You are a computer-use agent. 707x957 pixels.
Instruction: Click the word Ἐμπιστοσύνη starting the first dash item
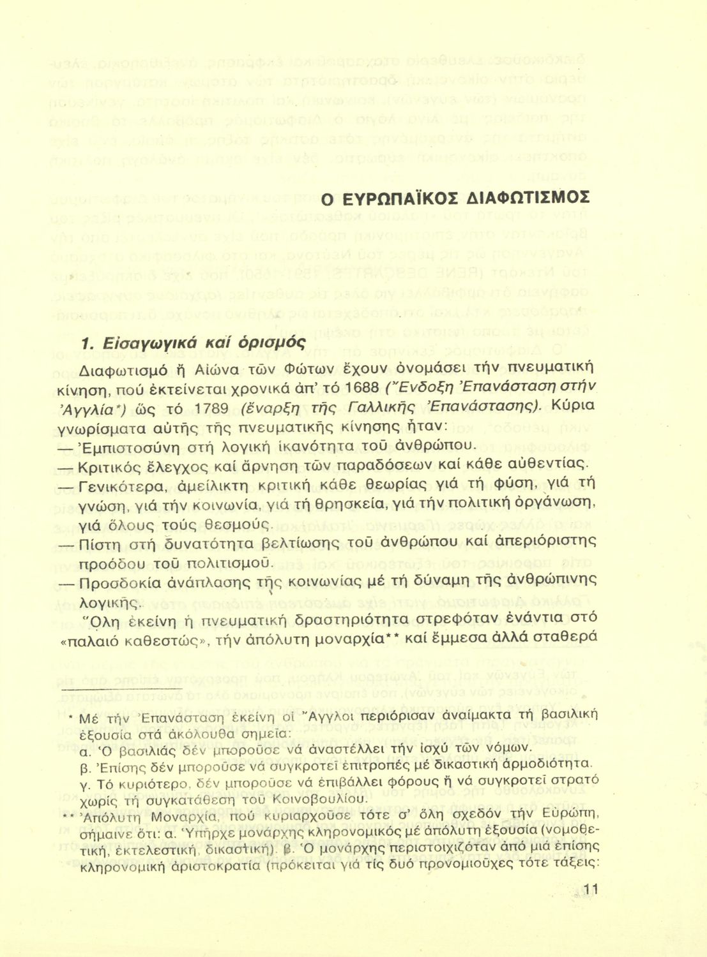[126, 445]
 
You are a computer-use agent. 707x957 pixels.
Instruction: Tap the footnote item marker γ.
[80, 782]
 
